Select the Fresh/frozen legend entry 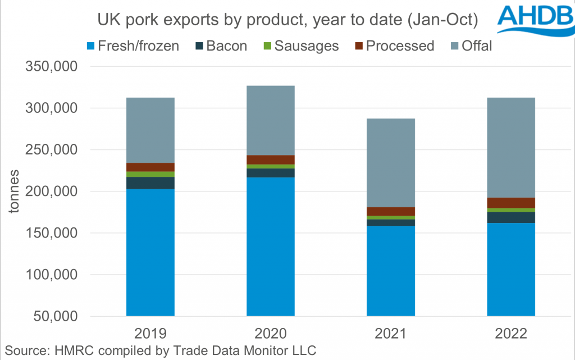coord(132,45)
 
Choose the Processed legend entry coord(393,45)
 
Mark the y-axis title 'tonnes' coord(13,191)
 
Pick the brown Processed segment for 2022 coord(511,203)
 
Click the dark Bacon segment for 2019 coord(150,183)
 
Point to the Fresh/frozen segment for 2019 coord(150,253)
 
